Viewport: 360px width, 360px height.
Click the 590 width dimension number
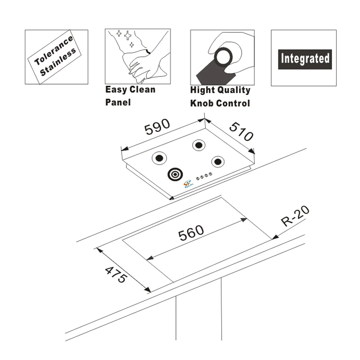tap(157, 127)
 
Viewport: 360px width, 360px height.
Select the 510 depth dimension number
tap(241, 131)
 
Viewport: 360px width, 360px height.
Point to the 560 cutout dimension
tap(191, 233)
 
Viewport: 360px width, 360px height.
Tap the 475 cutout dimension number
tap(116, 274)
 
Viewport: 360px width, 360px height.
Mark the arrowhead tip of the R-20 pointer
tap(273, 238)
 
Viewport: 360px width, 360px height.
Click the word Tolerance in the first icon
tap(54, 50)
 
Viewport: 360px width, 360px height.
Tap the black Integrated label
tap(305, 58)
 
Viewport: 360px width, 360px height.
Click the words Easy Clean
tap(130, 89)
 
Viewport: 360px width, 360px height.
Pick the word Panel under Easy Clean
tap(117, 102)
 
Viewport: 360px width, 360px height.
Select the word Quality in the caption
tap(235, 90)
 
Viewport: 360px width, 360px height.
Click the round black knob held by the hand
tap(224, 58)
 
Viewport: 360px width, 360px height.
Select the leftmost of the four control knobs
tap(197, 177)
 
